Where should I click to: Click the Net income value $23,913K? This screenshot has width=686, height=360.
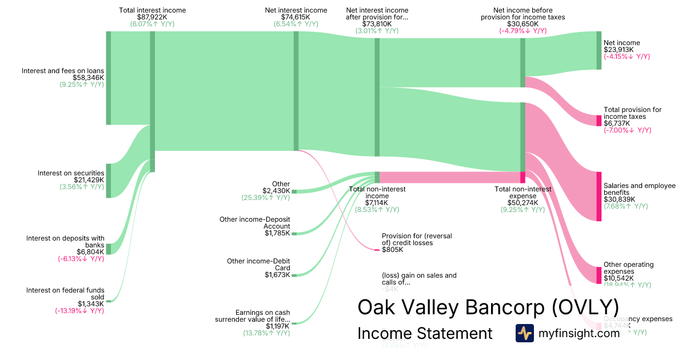pyautogui.click(x=619, y=50)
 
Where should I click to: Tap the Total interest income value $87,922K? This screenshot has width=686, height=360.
pyautogui.click(x=152, y=18)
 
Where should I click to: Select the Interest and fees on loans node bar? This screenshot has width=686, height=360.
pyautogui.click(x=109, y=78)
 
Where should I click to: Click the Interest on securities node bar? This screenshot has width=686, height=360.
pyautogui.click(x=109, y=181)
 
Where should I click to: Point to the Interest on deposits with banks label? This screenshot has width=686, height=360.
pyautogui.click(x=65, y=242)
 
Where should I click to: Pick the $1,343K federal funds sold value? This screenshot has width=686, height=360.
pyautogui.click(x=91, y=304)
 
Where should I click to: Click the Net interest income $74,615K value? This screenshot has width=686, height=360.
pyautogui.click(x=296, y=18)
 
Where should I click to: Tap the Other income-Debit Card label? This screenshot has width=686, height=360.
pyautogui.click(x=258, y=265)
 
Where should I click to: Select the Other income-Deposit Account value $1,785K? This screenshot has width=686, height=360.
pyautogui.click(x=277, y=233)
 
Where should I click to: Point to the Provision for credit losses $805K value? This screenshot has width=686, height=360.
pyautogui.click(x=392, y=250)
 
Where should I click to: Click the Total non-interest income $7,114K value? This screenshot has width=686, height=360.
pyautogui.click(x=377, y=203)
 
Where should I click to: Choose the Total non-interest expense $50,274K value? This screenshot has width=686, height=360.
pyautogui.click(x=523, y=203)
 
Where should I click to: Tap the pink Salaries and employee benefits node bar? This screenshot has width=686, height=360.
pyautogui.click(x=599, y=196)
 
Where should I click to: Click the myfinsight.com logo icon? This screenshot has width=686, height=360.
pyautogui.click(x=524, y=333)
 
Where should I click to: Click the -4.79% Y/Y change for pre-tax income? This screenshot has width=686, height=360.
pyautogui.click(x=523, y=31)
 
